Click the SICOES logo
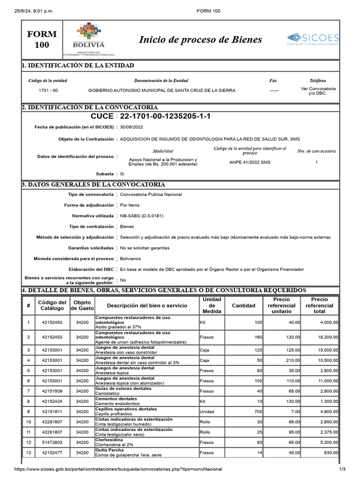tap(313, 39)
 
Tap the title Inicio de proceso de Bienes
tap(200, 39)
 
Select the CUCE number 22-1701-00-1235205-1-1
tap(165, 116)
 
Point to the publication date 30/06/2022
tap(132, 127)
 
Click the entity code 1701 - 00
tap(48, 90)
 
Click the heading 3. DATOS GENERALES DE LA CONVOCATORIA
tap(94, 185)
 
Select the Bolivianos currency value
tap(130, 259)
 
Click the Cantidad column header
tap(244, 306)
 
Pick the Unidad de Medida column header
tap(211, 306)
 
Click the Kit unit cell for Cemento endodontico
tap(203, 401)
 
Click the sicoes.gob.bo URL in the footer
tap(119, 469)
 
